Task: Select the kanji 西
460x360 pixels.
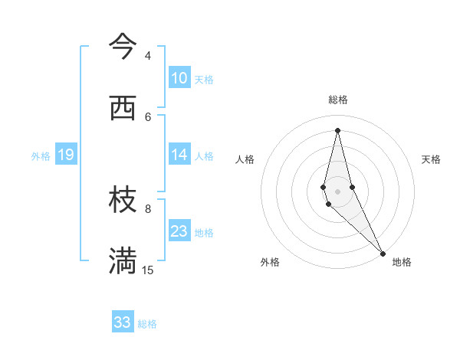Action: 123,109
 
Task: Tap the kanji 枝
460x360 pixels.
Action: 123,201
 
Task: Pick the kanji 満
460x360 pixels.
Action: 123,260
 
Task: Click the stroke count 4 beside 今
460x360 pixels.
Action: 148,56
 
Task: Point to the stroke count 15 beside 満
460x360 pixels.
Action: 148,270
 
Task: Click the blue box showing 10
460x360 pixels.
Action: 179,78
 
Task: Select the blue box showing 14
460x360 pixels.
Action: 179,155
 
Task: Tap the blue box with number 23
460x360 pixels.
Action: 179,231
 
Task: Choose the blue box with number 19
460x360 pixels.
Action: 65,155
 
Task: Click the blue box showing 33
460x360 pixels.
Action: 123,322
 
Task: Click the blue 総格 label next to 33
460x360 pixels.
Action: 147,324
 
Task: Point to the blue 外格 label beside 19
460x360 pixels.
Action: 41,156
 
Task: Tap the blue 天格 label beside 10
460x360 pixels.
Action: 204,80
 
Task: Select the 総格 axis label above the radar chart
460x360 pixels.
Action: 338,100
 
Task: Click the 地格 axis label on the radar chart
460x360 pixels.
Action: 402,262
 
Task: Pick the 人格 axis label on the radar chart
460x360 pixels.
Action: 245,159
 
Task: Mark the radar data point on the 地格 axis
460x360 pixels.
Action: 382,253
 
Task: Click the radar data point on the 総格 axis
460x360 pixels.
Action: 338,130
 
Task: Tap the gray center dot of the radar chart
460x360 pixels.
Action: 338,191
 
